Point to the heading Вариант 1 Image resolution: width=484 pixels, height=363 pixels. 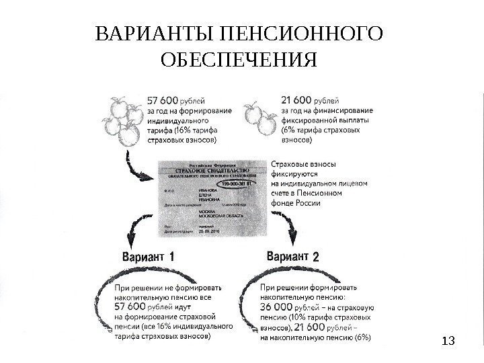click(149, 257)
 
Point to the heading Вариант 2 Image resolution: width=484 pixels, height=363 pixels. click(293, 256)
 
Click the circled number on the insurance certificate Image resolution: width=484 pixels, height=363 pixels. click(240, 182)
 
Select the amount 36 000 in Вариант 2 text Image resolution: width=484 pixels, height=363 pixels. click(276, 307)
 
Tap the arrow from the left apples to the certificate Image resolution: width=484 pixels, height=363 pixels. click(135, 168)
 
